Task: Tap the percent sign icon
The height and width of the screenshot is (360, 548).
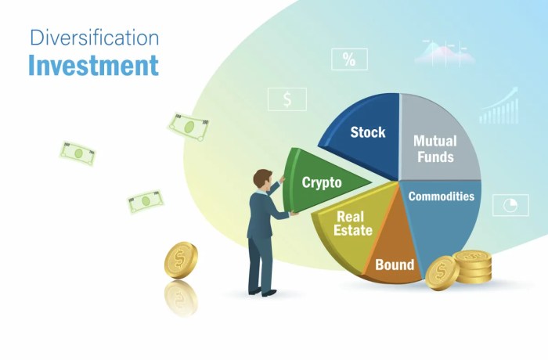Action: pyautogui.click(x=349, y=59)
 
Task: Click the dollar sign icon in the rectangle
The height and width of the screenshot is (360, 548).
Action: pyautogui.click(x=287, y=99)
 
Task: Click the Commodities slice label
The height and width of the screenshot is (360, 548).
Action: pyautogui.click(x=441, y=196)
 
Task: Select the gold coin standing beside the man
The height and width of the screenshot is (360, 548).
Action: pyautogui.click(x=181, y=261)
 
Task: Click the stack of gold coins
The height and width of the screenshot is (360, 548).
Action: pyautogui.click(x=473, y=267)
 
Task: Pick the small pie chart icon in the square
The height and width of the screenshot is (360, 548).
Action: pyautogui.click(x=510, y=205)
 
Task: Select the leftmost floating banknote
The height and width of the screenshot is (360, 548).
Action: pyautogui.click(x=78, y=153)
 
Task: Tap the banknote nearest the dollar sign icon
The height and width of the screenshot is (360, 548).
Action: pyautogui.click(x=188, y=125)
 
